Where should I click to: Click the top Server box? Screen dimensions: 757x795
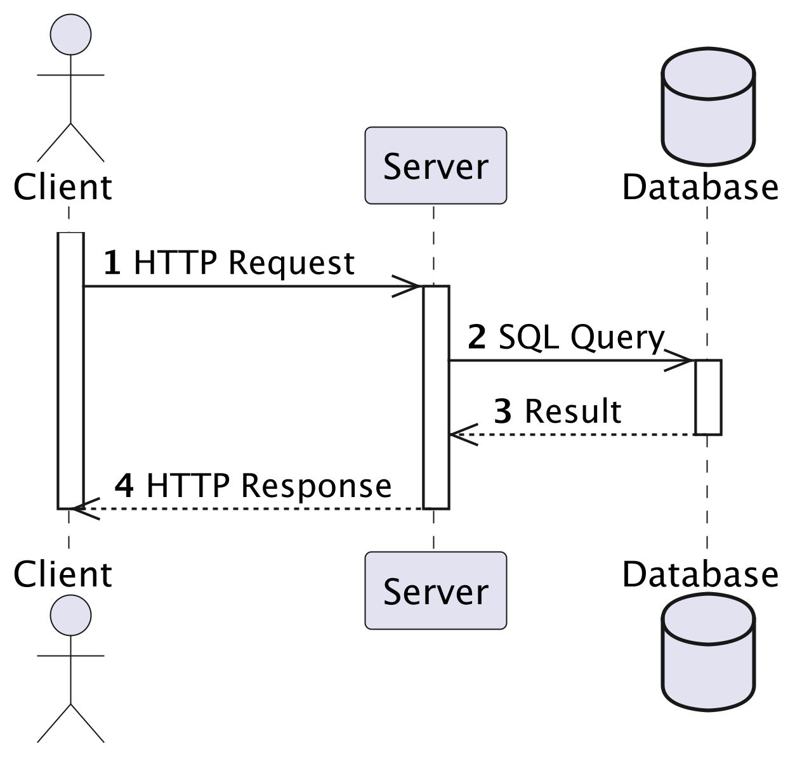pos(435,165)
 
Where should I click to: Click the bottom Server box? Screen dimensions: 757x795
pos(435,590)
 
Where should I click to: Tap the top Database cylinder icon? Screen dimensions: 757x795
pos(707,106)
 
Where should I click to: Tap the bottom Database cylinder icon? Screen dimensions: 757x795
pos(707,651)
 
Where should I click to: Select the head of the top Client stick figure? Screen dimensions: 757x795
pos(70,34)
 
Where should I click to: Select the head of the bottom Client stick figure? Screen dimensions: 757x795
pos(70,615)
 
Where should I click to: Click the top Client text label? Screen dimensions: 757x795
pos(62,187)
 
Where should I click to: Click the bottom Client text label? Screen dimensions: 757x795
pos(62,574)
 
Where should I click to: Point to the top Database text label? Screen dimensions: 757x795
pos(700,187)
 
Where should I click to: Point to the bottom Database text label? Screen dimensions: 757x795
pos(700,574)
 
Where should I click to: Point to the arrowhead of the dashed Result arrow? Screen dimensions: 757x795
pos(461,435)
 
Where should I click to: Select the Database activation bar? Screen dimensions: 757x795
pos(707,397)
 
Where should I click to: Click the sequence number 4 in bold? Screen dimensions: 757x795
pos(124,486)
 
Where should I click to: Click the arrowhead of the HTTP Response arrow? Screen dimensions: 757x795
pos(82,508)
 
